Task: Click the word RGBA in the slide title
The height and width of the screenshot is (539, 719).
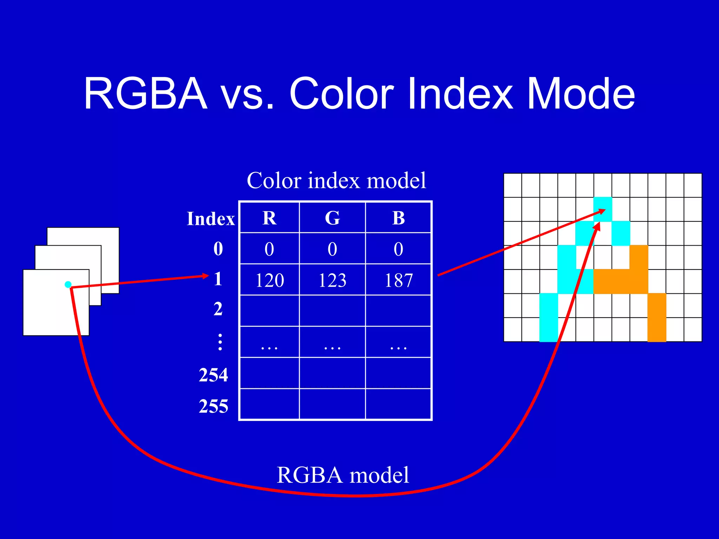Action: (146, 94)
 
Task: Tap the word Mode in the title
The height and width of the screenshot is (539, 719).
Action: (581, 94)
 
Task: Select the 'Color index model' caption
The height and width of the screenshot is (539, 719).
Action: (336, 181)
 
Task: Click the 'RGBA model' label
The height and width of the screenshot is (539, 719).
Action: (343, 475)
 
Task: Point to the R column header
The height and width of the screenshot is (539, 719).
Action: (269, 218)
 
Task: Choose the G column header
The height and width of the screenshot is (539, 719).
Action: (332, 218)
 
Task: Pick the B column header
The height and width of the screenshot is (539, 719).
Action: (398, 218)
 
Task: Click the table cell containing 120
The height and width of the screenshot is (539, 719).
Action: (269, 280)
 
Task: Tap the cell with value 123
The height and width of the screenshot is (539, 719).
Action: (332, 280)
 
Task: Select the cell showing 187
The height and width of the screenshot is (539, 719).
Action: (398, 280)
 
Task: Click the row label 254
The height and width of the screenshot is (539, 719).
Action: (213, 375)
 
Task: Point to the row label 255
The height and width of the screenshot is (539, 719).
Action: (213, 406)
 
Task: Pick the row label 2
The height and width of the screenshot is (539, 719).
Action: (218, 309)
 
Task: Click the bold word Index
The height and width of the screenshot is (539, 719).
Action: (211, 219)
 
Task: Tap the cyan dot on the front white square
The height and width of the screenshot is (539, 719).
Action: (68, 284)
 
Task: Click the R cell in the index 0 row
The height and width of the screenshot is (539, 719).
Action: (269, 249)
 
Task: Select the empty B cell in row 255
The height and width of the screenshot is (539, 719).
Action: (398, 404)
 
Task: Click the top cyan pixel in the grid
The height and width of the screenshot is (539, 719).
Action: (603, 209)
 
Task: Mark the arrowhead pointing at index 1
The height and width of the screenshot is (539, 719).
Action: (206, 276)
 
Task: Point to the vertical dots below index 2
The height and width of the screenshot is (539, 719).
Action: (220, 342)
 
